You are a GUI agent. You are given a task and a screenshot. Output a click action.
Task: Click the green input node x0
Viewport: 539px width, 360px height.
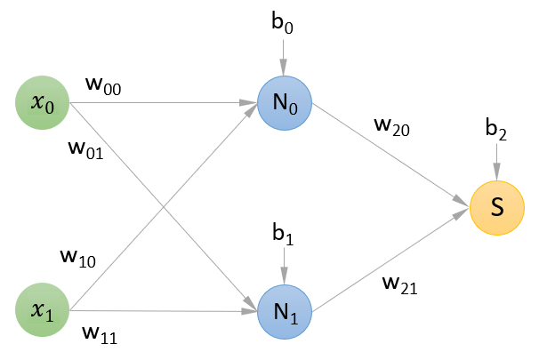43,103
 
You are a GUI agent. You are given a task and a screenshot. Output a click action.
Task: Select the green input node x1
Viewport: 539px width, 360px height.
43,310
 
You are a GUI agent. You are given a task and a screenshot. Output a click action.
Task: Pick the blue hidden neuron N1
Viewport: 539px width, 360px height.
284,310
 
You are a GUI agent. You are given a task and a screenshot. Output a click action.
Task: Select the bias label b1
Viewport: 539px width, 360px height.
284,235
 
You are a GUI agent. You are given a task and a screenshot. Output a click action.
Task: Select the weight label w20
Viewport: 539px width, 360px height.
391,127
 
